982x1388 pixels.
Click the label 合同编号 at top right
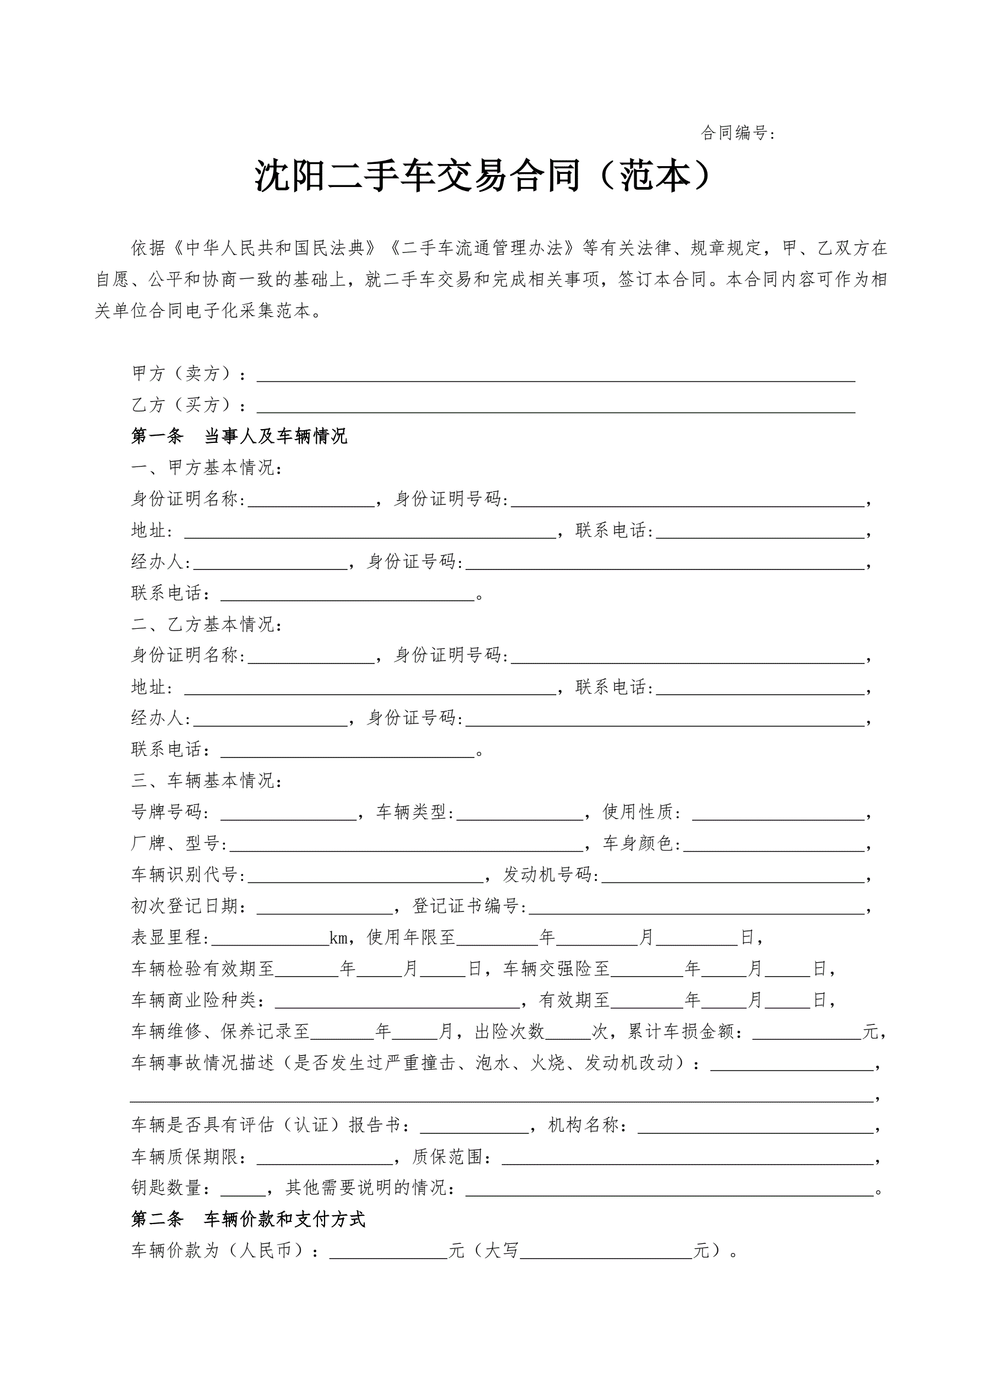[737, 133]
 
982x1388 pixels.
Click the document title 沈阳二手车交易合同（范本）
[482, 176]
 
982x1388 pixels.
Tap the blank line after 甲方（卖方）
[555, 375]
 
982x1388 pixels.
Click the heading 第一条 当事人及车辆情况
[239, 436]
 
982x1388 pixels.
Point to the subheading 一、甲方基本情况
[207, 468]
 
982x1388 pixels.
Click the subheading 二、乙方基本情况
[207, 624]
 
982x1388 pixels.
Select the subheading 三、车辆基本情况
[207, 781]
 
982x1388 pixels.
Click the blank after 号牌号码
[288, 814]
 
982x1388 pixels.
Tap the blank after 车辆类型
[520, 814]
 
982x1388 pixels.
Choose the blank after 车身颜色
[774, 845]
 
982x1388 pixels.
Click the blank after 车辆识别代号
[365, 876]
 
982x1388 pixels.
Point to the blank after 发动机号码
[733, 876]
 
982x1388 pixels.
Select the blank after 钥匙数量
[243, 1189]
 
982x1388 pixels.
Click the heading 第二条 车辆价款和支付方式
[248, 1219]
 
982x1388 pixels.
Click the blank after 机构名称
[756, 1126]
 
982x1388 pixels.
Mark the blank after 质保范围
[688, 1157]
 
